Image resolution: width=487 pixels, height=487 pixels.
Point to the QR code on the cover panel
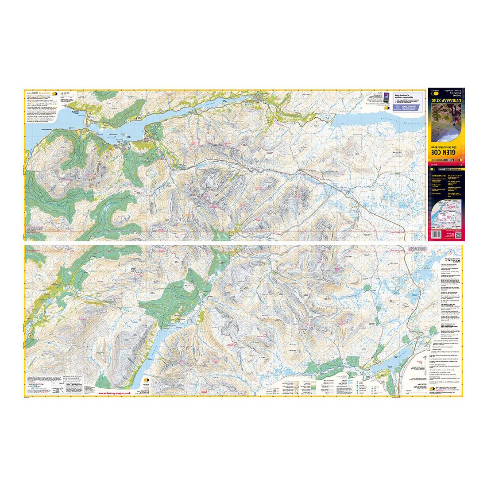[456, 234]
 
